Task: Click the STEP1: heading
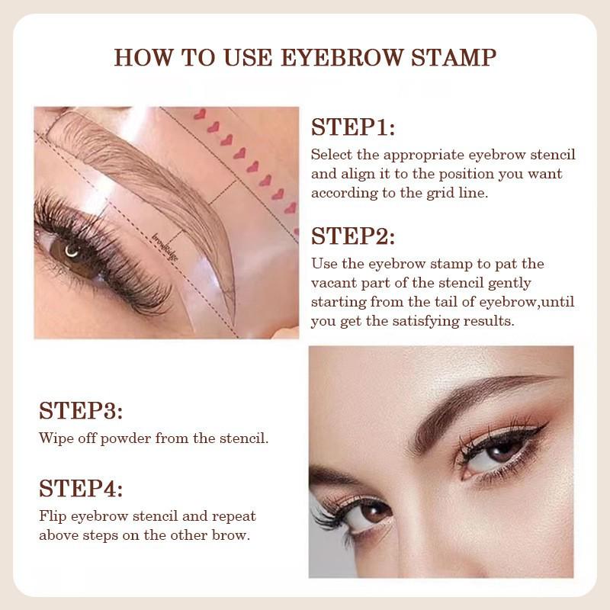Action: (x=352, y=127)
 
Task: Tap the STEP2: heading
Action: (x=353, y=236)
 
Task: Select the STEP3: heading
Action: (x=81, y=411)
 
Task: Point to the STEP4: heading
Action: (x=81, y=488)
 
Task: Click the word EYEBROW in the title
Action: (x=335, y=57)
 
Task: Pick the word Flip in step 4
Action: (x=53, y=515)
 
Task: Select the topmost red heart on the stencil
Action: (x=201, y=114)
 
